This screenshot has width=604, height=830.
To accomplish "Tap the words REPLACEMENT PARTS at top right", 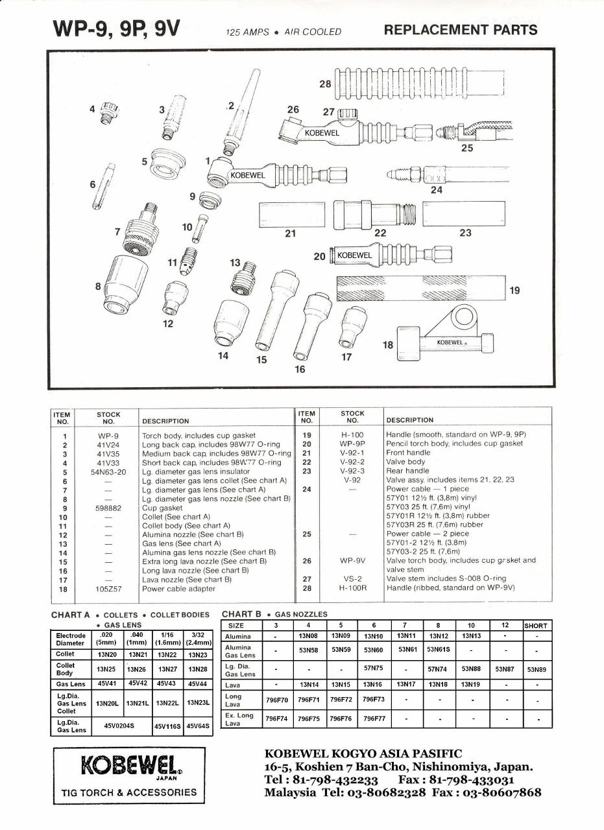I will coord(461,30).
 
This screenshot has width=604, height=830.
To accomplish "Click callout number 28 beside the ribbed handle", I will coord(325,84).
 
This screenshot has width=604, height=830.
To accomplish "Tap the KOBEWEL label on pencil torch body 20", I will coord(355,255).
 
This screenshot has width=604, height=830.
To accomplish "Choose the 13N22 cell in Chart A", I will coord(167,655).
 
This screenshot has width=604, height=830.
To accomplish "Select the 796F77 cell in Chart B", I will coord(374,719).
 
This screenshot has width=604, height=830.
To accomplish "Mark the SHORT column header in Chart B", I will coord(537,626).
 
